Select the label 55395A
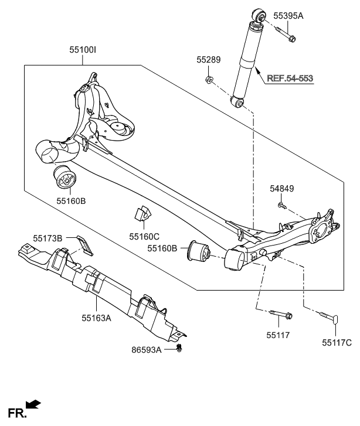point(288,16)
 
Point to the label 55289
point(209,60)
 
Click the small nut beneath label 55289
point(209,78)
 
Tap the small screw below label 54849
point(281,206)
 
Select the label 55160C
point(144,237)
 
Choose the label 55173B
point(47,238)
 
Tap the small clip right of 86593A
point(181,350)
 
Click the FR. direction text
point(16,413)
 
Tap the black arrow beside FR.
point(34,404)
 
